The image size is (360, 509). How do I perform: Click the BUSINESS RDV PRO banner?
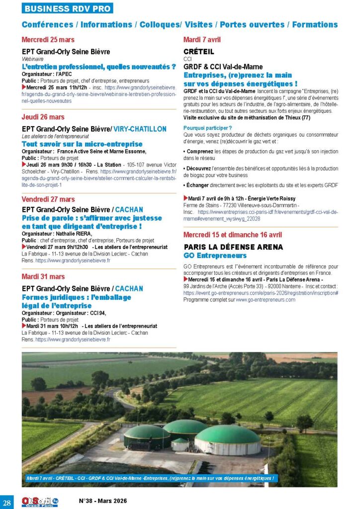coord(68,8)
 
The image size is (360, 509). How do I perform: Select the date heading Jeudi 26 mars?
coord(43,117)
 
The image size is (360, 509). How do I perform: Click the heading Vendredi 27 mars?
coord(48,199)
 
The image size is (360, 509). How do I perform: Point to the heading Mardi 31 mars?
coord(43,276)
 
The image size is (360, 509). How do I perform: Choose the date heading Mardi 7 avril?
coord(202,40)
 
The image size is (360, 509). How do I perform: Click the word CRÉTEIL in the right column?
coord(199,51)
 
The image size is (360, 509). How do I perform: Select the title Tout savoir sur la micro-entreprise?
coord(75,144)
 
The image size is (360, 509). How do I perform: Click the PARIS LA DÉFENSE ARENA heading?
coord(233,247)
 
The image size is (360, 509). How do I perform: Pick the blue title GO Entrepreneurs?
coord(215,255)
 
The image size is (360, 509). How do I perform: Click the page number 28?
coord(8,500)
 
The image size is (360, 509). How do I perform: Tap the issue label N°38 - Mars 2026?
coord(103,501)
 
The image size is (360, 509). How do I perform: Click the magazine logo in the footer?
coord(39,501)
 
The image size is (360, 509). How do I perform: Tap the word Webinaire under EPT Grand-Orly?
coord(33,58)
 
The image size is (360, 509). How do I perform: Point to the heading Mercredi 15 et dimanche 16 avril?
coord(233,235)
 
